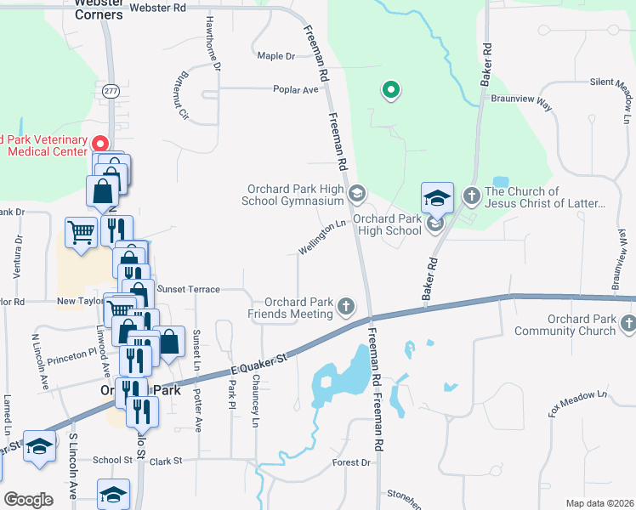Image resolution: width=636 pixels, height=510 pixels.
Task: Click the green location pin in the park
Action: pos(390,88)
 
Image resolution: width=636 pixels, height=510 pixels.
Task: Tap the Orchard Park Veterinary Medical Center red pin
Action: pos(99,144)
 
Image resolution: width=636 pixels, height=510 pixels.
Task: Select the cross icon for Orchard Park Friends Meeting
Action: pos(345,305)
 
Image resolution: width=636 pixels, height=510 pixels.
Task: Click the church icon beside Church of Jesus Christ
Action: pos(471,196)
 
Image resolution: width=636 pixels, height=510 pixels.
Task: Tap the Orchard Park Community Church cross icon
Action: pos(627,323)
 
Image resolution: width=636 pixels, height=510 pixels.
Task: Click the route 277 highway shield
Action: pos(112,90)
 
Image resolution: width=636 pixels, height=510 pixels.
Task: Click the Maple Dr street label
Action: pos(275,56)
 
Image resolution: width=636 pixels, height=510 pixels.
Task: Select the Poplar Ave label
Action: pos(295,88)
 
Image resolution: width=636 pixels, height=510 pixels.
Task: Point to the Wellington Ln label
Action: pos(324,238)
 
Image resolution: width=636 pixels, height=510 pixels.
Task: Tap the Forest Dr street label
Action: pos(352,463)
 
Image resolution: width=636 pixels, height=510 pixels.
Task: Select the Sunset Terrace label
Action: pos(188,289)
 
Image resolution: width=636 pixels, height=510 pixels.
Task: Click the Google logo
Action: pos(28,500)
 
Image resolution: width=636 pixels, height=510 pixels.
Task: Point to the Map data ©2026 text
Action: pos(599,503)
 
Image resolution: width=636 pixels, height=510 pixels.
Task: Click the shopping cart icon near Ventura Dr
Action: pos(81,230)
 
